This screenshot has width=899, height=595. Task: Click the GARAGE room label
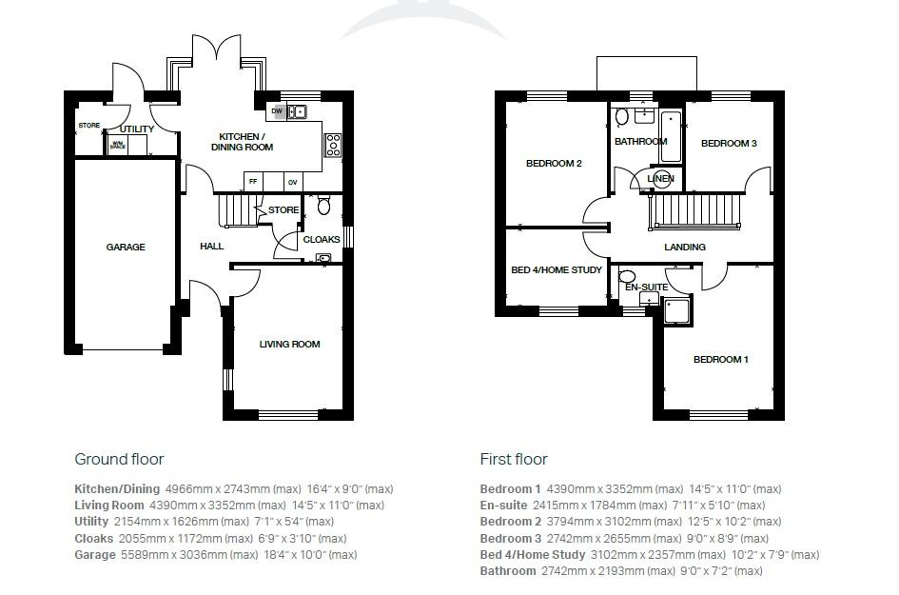[x=126, y=248]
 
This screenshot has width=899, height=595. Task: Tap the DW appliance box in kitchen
[x=277, y=111]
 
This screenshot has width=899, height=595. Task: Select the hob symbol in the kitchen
[x=333, y=145]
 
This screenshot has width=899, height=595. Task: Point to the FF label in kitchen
[x=253, y=181]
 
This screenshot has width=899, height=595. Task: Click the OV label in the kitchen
[x=293, y=181]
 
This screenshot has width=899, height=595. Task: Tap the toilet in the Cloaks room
[x=323, y=205]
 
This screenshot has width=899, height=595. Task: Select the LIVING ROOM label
[x=290, y=345]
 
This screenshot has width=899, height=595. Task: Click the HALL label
[x=211, y=247]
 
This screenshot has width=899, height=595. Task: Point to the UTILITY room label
[x=137, y=129]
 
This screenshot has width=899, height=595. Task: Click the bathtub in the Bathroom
[x=670, y=136]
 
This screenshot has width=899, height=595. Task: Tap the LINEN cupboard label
[x=660, y=179]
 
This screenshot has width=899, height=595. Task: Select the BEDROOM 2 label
[x=554, y=164]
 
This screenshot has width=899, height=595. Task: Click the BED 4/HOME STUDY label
[x=557, y=270]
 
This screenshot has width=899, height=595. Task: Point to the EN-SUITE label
[x=645, y=288]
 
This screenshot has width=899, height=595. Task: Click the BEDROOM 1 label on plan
[x=720, y=360]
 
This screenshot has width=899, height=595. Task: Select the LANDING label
[x=685, y=248]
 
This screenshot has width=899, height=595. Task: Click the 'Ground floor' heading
[x=119, y=460]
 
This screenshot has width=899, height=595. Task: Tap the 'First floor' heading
[x=514, y=460]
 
